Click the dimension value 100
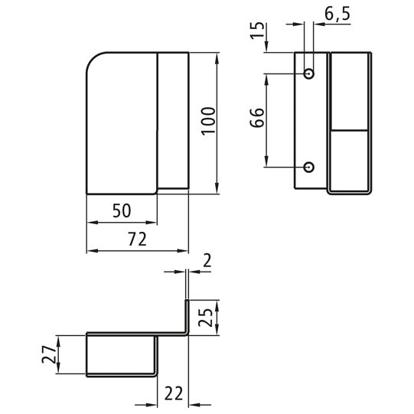(x=208, y=121)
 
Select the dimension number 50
(x=122, y=210)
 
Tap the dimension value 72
(x=137, y=240)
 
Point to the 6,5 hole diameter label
(x=337, y=14)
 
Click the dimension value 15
(x=257, y=31)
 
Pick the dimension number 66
(x=257, y=118)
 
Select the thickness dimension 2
(x=207, y=261)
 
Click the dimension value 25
(x=205, y=317)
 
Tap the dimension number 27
(x=49, y=354)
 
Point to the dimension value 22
(x=174, y=393)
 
